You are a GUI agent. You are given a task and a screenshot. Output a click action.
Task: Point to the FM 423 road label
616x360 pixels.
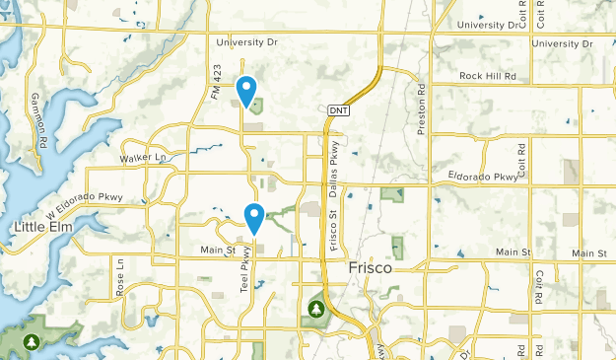(x=215, y=79)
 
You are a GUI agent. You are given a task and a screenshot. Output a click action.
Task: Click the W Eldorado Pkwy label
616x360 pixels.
(x=92, y=197)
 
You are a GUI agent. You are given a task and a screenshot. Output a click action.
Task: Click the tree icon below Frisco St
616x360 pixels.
(x=316, y=310)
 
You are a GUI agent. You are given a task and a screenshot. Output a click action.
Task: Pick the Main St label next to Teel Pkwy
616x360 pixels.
(x=218, y=251)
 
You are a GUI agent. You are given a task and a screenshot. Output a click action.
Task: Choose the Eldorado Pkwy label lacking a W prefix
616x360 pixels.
(x=483, y=177)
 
